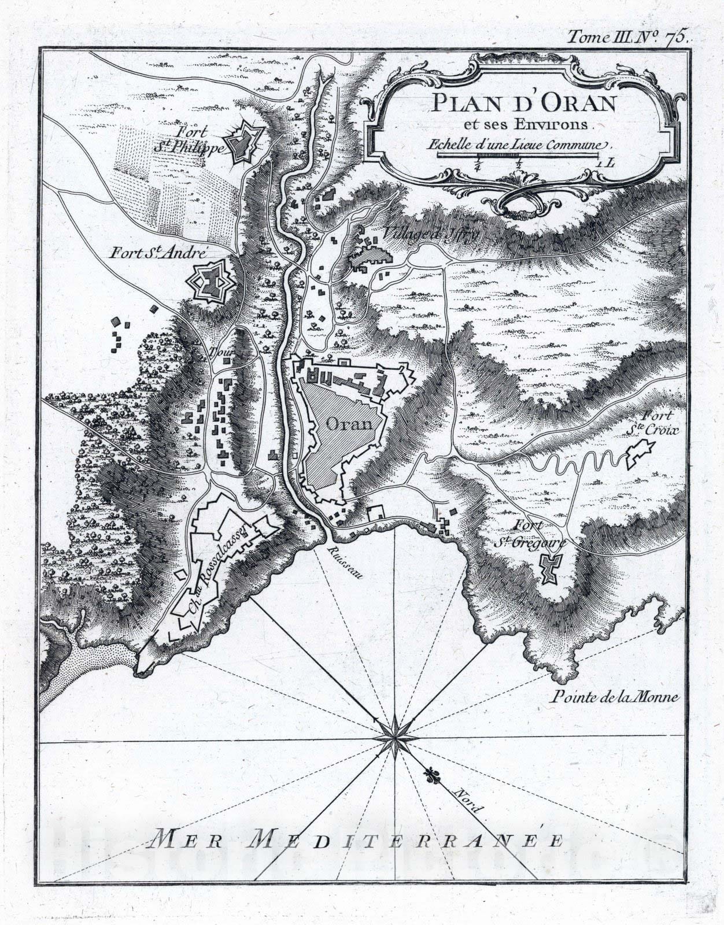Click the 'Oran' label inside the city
coord(348,423)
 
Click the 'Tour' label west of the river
coord(220,353)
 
